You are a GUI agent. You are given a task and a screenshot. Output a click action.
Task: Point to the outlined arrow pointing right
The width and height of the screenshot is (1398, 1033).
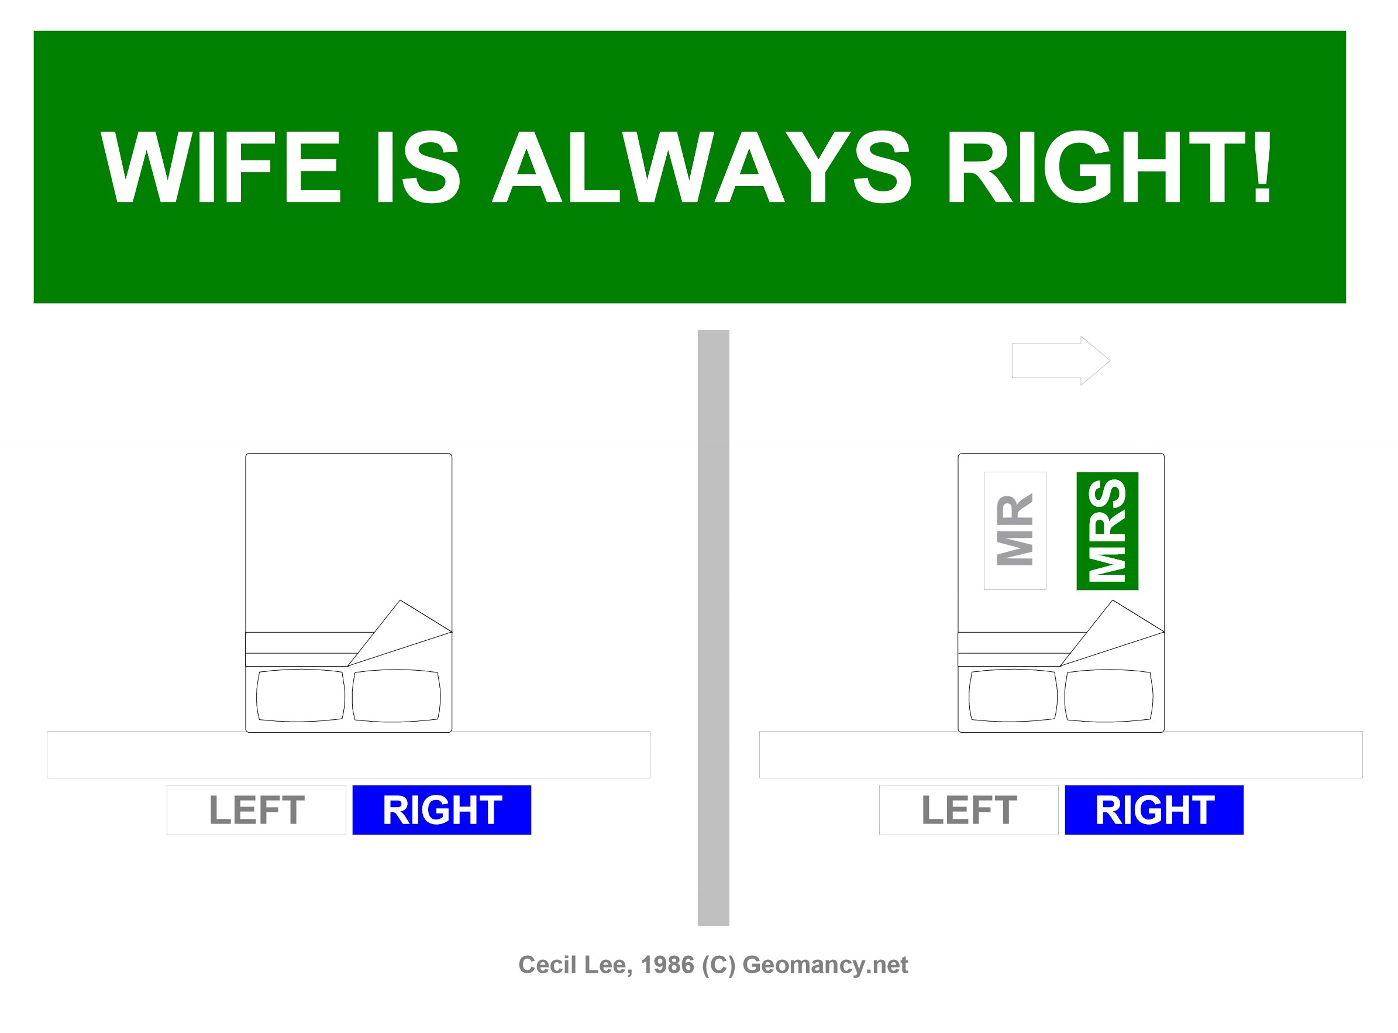tap(1060, 361)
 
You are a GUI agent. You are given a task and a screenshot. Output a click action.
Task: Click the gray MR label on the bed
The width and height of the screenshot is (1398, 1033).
tap(1015, 531)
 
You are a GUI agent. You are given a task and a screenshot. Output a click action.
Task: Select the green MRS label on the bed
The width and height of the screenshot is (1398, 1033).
tap(1107, 531)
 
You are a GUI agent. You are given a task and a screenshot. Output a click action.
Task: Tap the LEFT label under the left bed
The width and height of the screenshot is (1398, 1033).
tap(256, 811)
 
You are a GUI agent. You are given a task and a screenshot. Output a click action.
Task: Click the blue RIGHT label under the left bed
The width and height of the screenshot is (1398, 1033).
tap(442, 811)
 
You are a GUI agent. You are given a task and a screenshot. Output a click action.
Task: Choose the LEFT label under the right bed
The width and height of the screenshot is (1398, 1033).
tap(969, 811)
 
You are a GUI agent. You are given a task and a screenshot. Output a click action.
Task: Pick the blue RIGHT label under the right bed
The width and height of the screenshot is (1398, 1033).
tap(1154, 811)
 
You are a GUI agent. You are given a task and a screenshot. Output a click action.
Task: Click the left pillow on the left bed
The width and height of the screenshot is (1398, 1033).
tap(301, 696)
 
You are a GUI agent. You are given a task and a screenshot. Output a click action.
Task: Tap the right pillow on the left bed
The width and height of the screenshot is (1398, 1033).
tap(396, 696)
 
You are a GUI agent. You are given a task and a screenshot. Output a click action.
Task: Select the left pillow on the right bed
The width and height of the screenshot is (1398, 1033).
tap(1013, 696)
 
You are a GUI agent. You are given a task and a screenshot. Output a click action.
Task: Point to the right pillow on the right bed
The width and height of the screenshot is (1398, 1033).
tap(1108, 696)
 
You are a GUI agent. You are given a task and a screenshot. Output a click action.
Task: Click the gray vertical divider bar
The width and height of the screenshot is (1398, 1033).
tap(714, 628)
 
